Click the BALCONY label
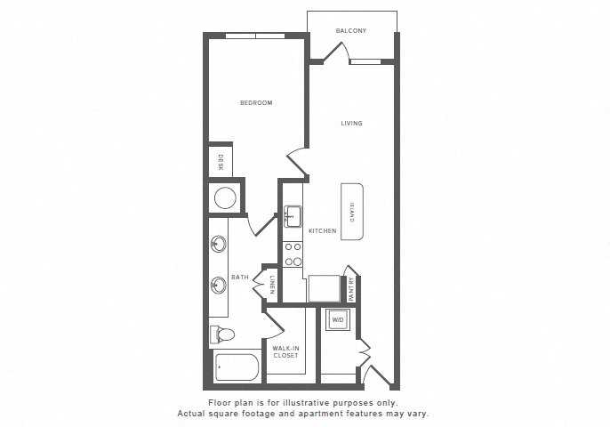351,31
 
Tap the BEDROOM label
256,103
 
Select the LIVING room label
352,124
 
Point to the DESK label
221,162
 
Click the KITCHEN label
323,230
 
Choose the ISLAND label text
352,212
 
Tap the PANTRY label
351,289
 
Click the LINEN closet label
272,285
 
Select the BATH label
240,278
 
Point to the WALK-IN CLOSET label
285,352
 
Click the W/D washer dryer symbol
338,320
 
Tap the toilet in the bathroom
221,334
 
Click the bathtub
237,367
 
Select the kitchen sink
293,216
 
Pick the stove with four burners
293,254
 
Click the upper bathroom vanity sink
218,245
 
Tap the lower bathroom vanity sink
218,286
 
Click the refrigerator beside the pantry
324,288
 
